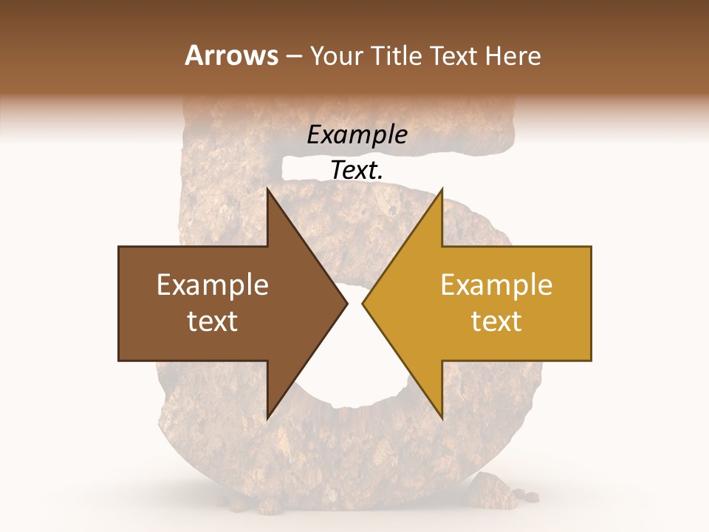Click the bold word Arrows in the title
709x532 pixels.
click(x=232, y=55)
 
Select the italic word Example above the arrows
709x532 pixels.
click(x=357, y=134)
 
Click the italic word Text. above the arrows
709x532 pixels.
click(x=357, y=170)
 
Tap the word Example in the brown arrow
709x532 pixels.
click(x=213, y=285)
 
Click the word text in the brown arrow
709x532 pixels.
click(x=213, y=321)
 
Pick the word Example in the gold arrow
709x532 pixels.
click(x=496, y=285)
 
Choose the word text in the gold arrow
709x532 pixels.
click(x=496, y=321)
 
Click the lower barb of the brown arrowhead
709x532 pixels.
click(x=269, y=415)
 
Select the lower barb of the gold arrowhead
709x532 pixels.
click(x=441, y=415)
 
